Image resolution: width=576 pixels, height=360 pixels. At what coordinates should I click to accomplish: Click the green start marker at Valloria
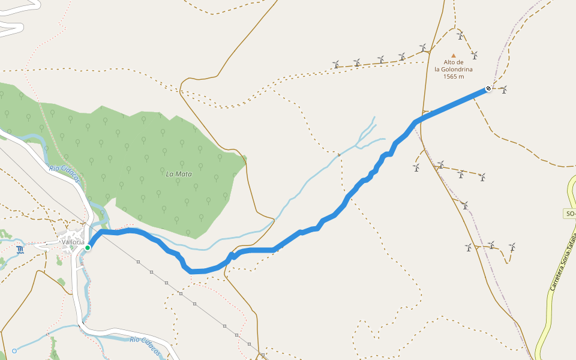pyautogui.click(x=88, y=247)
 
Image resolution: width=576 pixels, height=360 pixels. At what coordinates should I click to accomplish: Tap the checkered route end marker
pyautogui.click(x=488, y=89)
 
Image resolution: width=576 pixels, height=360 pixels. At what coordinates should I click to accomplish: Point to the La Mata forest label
pyautogui.click(x=179, y=174)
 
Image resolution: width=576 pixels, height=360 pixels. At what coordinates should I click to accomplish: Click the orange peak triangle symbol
pyautogui.click(x=454, y=55)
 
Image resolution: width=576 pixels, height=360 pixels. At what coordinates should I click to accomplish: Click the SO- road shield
pyautogui.click(x=570, y=214)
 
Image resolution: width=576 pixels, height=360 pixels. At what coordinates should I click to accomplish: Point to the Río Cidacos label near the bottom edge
pyautogui.click(x=145, y=347)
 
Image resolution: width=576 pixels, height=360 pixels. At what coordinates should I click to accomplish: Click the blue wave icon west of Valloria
pyautogui.click(x=21, y=250)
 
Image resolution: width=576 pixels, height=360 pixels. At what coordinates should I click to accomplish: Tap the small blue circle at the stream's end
pyautogui.click(x=14, y=350)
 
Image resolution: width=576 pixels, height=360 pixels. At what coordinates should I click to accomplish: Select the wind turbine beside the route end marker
pyautogui.click(x=503, y=89)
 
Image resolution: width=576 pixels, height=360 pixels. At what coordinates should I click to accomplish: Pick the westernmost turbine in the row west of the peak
pyautogui.click(x=336, y=64)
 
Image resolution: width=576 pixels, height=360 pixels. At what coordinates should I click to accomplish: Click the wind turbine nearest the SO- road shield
pyautogui.click(x=512, y=247)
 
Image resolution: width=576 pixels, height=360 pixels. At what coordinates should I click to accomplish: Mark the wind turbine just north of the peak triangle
pyautogui.click(x=460, y=36)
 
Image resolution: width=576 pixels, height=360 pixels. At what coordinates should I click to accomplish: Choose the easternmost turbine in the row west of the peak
pyautogui.click(x=423, y=47)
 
